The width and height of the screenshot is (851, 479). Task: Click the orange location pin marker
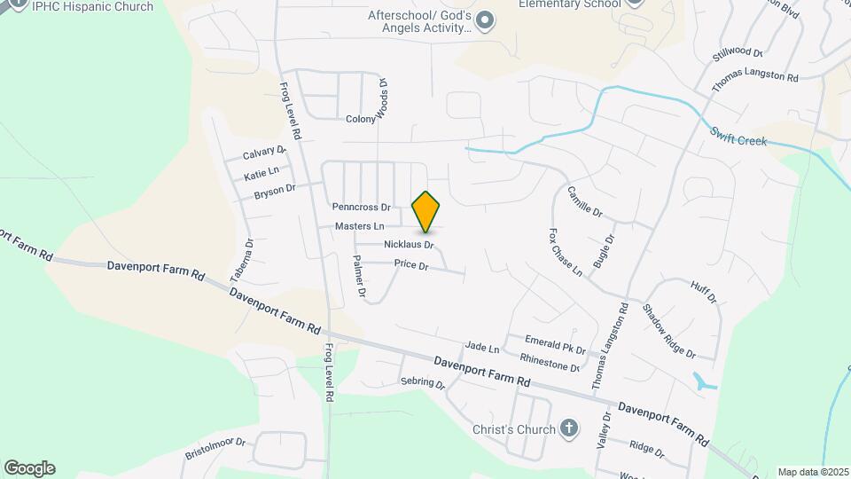coord(426,211)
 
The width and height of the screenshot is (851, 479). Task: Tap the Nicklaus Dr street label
coord(409,244)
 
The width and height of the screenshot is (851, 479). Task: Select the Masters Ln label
coord(360,226)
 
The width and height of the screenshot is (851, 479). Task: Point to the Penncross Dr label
coord(361,207)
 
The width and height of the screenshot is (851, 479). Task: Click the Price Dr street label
coord(411,265)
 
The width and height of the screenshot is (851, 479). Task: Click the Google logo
coord(29,468)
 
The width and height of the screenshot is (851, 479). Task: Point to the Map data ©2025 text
coord(811,472)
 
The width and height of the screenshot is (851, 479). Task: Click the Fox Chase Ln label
coord(565,252)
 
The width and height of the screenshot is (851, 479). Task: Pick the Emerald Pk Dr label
coord(556,344)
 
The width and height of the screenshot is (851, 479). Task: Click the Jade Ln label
coord(482,348)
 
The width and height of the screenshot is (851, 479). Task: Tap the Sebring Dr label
coord(422,383)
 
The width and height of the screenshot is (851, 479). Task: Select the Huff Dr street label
coord(703,291)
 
